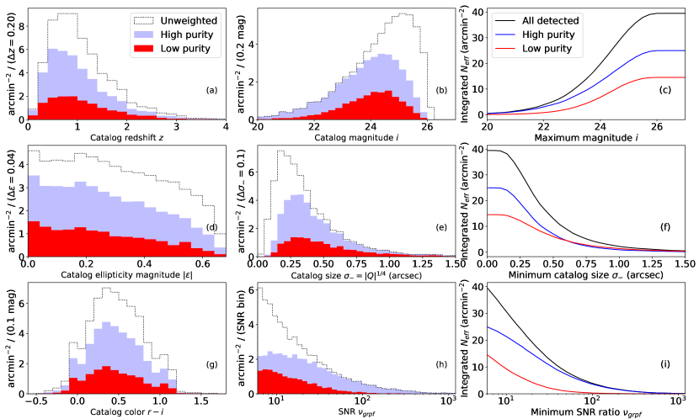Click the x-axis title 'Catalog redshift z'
[126, 138]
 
